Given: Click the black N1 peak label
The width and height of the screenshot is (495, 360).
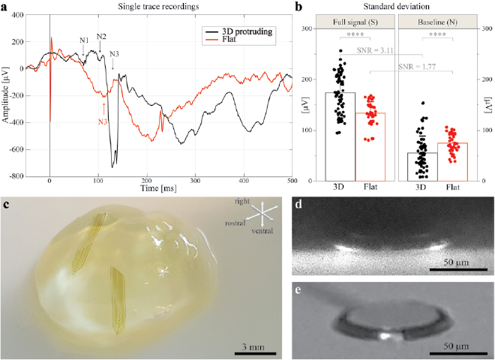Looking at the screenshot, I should click(84, 39).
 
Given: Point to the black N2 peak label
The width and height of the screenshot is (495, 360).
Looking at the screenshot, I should click(101, 37).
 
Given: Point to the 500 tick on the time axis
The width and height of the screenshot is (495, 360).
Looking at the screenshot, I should click(291, 184).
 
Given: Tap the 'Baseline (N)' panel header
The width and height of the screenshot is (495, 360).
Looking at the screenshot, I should click(433, 22).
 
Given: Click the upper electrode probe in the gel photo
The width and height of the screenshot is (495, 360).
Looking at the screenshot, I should click(90, 240).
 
